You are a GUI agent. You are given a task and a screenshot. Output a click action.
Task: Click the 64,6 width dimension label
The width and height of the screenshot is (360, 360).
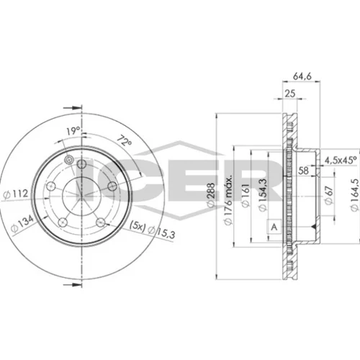[x=302, y=76]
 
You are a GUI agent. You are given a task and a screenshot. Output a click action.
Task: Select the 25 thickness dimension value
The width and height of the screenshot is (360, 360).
[x=290, y=94]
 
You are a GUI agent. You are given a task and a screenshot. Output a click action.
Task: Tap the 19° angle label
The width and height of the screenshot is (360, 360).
[x=73, y=131]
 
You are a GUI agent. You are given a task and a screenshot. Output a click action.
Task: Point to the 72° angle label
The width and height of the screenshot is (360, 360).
[x=125, y=141]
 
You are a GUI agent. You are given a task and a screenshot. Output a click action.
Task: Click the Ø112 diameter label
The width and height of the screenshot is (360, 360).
[x=17, y=194]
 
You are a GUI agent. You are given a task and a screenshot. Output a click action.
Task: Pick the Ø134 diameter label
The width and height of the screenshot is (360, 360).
[x=22, y=224]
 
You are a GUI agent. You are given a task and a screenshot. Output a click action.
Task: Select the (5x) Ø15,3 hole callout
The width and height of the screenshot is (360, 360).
[x=152, y=229]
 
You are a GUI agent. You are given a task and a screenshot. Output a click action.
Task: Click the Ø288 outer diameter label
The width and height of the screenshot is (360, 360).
[x=210, y=194]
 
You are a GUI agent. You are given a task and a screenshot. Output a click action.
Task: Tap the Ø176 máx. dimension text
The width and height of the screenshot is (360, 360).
[x=228, y=200]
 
